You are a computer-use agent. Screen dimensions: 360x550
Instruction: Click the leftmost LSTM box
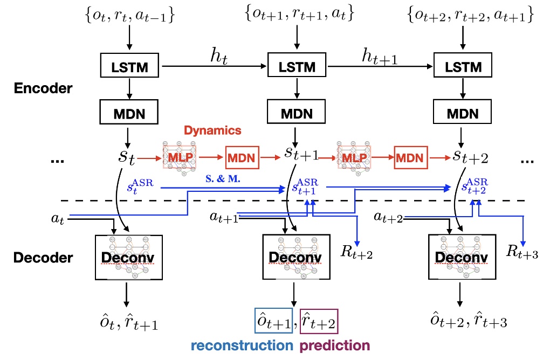(130, 67)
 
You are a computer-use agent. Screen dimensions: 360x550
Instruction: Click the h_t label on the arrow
(218, 57)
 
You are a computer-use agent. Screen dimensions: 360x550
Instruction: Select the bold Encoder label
(43, 88)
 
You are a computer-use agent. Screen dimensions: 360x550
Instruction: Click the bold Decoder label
(43, 257)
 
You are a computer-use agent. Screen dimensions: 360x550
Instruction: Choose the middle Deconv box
(294, 257)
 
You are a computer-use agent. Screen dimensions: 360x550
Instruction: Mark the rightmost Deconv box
(460, 257)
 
